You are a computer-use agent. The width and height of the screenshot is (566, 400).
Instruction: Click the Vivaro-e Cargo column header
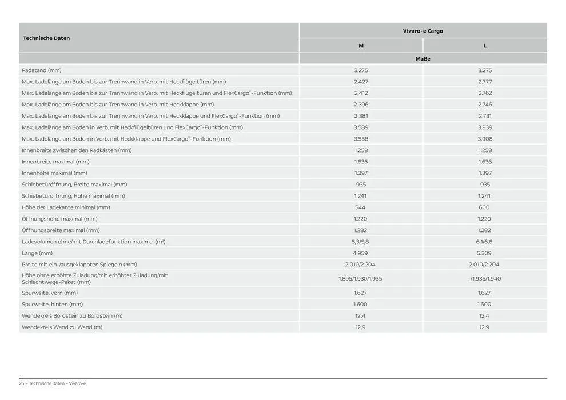422,31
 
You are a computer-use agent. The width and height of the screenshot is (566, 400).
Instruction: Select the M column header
361,46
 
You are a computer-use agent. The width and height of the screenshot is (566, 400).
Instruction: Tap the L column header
485,46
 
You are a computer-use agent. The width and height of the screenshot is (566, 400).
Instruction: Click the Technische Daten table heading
46,38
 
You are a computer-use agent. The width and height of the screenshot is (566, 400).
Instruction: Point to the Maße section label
422,59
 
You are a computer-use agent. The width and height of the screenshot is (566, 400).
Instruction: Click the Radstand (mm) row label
42,70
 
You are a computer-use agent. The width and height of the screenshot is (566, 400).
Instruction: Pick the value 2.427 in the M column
361,82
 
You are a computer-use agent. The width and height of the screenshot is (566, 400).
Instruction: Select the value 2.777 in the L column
485,82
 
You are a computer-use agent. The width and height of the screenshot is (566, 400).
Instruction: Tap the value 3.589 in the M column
361,127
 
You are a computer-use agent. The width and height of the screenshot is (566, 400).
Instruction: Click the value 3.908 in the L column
485,139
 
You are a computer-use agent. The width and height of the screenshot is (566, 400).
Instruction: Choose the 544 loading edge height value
360,207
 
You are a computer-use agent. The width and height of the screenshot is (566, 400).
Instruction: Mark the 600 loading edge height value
484,207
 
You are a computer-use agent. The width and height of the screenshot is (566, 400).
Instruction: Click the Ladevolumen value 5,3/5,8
361,242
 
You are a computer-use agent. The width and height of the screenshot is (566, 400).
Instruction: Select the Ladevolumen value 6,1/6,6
484,242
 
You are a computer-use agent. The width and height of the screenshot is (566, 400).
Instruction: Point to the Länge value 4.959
360,253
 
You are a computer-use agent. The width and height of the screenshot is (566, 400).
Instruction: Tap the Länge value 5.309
484,253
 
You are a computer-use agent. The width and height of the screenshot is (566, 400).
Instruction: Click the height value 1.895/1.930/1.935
360,279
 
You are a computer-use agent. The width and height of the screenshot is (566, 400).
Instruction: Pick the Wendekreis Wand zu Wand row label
62,327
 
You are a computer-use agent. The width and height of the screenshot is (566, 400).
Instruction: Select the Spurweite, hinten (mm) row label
53,305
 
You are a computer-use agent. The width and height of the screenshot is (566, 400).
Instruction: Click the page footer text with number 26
53,383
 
